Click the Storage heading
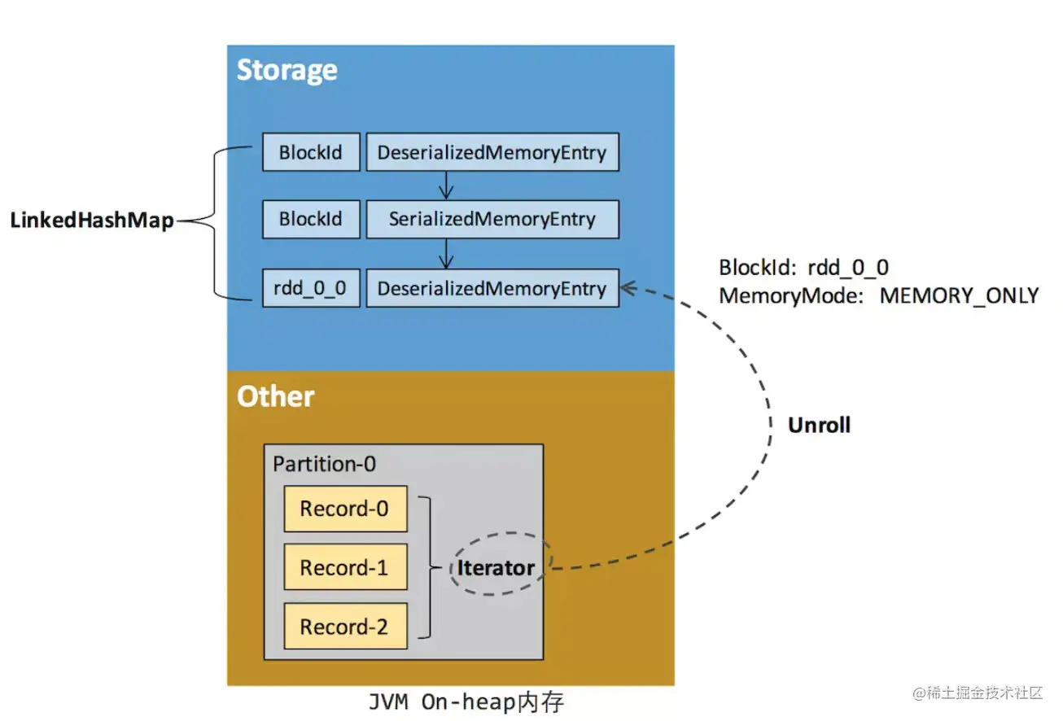coord(287,70)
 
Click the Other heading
coord(275,396)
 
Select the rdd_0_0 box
coord(311,288)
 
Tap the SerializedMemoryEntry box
coord(492,219)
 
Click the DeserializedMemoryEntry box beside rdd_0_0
coord(492,288)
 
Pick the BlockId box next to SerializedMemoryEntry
coord(311,219)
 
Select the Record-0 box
coord(345,509)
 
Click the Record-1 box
coord(345,567)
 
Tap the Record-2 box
coord(345,626)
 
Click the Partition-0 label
coord(324,464)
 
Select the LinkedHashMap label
coord(92,220)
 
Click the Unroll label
coord(819,425)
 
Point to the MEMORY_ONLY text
coord(959,295)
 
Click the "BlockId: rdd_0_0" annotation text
coord(804,268)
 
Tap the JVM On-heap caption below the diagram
coord(466,701)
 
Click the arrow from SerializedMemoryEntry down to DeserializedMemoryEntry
coord(445,254)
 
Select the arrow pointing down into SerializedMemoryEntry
coord(445,186)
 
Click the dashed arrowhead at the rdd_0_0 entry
coord(628,288)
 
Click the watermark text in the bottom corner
coord(978,693)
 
